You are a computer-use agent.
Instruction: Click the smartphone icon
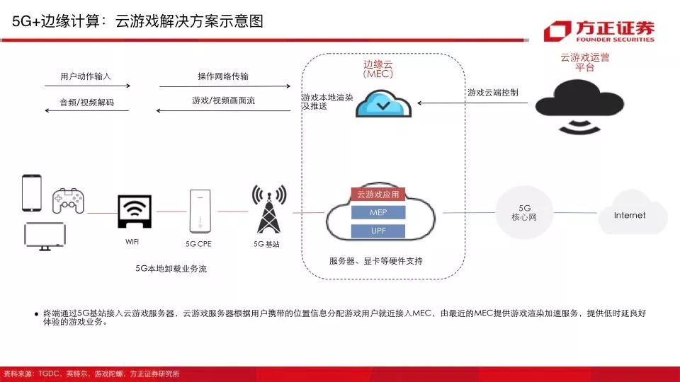click(x=32, y=192)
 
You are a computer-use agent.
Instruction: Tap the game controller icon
click(x=68, y=202)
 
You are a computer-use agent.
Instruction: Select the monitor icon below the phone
click(x=45, y=236)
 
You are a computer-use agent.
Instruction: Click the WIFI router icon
click(x=135, y=211)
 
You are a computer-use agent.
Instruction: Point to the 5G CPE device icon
click(x=199, y=211)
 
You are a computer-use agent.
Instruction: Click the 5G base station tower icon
click(x=268, y=209)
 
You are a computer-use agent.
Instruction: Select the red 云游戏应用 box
click(x=378, y=194)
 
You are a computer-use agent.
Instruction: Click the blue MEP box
click(x=378, y=212)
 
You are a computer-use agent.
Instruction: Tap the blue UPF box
click(x=378, y=231)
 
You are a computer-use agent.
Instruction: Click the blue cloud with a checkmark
click(x=382, y=104)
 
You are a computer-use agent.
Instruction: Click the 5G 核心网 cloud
click(x=524, y=212)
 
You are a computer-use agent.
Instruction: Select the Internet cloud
click(x=630, y=214)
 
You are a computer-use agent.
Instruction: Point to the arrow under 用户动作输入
click(x=87, y=86)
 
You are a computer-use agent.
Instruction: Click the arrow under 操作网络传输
click(x=225, y=86)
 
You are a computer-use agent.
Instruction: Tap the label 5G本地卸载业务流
click(x=171, y=269)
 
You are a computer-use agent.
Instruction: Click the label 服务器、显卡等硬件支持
click(x=375, y=261)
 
